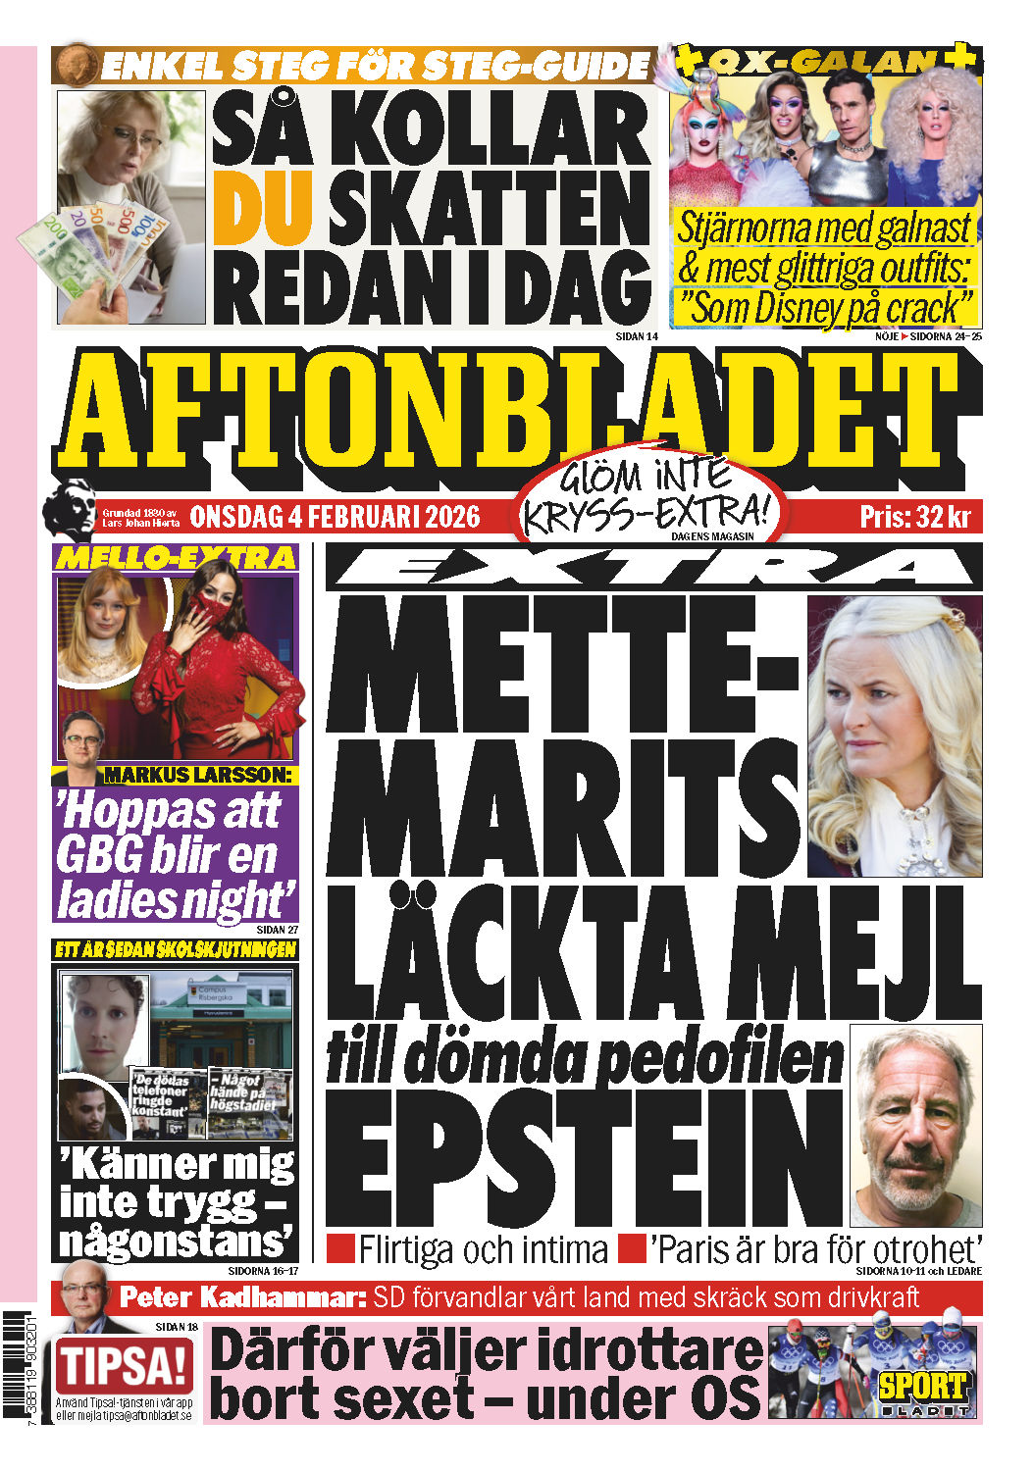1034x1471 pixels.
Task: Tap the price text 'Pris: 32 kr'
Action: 914,516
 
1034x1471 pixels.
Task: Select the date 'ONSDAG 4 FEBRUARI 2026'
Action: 335,516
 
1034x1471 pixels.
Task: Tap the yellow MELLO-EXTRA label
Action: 176,558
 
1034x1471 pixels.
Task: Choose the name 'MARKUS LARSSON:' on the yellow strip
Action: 198,775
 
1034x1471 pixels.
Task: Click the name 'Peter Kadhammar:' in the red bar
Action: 242,1297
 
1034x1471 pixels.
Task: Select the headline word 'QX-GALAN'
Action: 822,62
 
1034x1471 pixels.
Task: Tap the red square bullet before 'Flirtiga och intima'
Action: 340,1248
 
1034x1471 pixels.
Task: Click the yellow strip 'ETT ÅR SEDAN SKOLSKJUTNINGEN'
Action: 176,949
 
